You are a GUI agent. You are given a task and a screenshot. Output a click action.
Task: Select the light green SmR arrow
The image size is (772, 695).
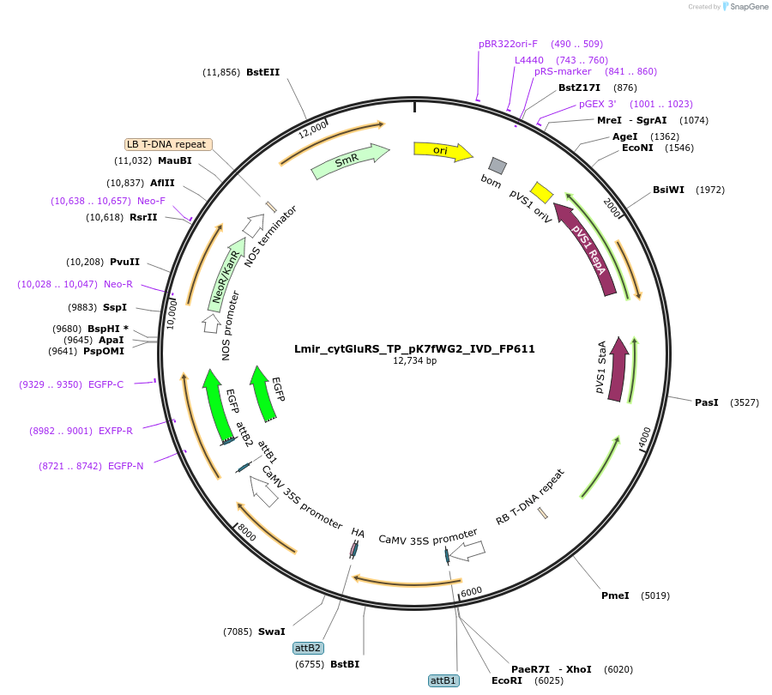click(349, 160)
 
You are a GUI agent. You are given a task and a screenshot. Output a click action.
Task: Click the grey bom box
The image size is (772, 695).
click(497, 166)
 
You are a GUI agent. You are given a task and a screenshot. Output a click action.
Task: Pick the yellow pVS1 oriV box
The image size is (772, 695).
click(541, 191)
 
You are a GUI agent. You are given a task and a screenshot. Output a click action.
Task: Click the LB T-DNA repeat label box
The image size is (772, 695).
click(168, 144)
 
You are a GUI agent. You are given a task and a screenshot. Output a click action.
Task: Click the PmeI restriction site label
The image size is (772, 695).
click(615, 595)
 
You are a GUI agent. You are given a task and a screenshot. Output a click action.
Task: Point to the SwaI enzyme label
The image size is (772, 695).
click(271, 632)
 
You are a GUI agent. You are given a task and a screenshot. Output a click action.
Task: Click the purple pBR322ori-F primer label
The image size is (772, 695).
click(508, 44)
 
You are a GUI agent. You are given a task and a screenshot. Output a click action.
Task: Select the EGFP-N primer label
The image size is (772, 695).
click(126, 466)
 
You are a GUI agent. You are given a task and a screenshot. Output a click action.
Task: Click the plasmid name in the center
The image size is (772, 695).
click(414, 349)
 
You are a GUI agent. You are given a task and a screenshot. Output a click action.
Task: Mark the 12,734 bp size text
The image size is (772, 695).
click(414, 361)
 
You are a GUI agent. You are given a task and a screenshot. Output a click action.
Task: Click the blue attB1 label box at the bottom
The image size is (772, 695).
click(443, 680)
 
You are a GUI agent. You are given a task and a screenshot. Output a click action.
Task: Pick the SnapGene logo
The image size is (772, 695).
click(743, 7)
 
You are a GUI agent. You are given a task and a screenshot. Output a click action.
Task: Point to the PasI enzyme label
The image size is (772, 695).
click(707, 402)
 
